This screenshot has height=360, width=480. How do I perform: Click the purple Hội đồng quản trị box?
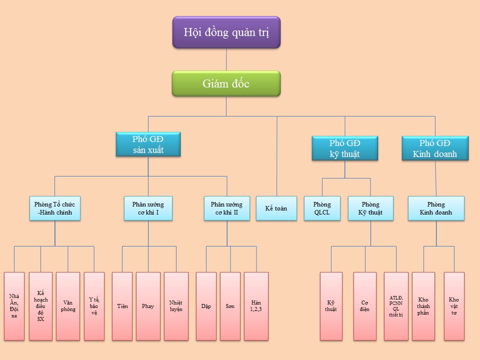click(226, 32)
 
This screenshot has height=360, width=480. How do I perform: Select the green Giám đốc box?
click(226, 83)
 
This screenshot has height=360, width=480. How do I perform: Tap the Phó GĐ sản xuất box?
click(148, 144)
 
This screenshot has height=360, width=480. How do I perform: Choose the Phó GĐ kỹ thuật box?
click(344, 148)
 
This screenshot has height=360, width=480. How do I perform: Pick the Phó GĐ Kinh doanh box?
click(435, 148)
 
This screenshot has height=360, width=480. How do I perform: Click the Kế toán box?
click(276, 208)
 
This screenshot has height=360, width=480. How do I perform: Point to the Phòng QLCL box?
click(322, 208)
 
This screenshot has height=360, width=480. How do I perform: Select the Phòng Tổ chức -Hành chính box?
click(55, 208)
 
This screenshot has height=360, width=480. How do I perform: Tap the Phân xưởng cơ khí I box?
click(148, 208)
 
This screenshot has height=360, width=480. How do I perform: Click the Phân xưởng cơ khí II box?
click(226, 208)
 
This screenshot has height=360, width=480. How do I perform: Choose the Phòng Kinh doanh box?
click(436, 208)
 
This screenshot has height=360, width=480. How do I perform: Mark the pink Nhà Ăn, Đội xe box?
click(14, 306)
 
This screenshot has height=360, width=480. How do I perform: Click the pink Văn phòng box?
click(68, 306)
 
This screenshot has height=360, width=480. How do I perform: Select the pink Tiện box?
click(122, 306)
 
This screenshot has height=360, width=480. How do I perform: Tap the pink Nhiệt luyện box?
click(176, 306)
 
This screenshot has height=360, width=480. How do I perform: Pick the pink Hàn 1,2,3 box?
click(256, 306)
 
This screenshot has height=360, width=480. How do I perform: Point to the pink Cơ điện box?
click(365, 306)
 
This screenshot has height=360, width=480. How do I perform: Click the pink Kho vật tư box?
click(454, 306)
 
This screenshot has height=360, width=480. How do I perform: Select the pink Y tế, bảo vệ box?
click(94, 306)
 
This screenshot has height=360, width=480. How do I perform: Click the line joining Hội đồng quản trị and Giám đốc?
click(226, 59)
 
